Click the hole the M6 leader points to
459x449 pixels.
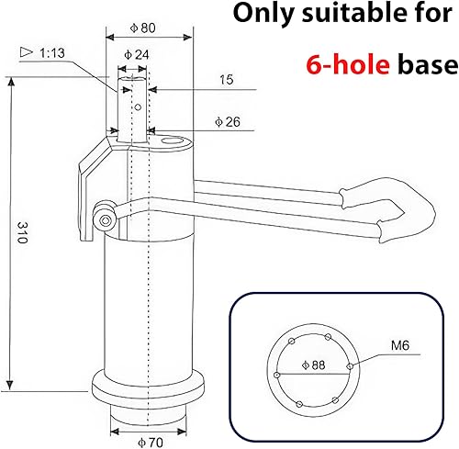pyautogui.click(x=350, y=365)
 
